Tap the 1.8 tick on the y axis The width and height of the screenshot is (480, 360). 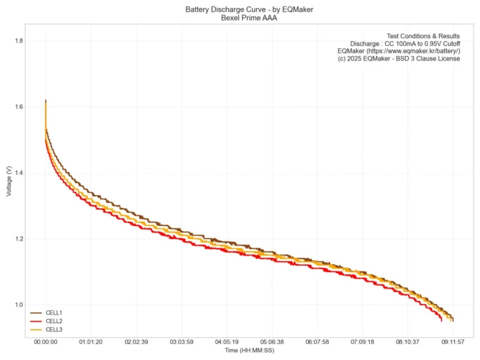point(19,41)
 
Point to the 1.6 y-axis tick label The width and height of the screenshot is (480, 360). point(19,107)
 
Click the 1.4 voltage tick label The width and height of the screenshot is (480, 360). point(19,173)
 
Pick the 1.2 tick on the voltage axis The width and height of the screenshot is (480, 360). point(19,239)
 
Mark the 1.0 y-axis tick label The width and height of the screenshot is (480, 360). point(19,305)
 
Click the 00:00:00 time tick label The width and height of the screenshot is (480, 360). point(45,342)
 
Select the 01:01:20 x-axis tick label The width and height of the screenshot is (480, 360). point(91,342)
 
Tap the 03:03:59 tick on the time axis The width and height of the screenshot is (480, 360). point(181,342)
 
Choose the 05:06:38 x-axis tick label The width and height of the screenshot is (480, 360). point(272,342)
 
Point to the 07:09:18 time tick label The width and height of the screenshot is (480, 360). point(362,342)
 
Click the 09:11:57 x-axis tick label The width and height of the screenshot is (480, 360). point(453,342)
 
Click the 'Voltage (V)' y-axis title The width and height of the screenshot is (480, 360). point(8,182)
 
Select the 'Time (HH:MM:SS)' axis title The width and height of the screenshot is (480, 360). point(249,351)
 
